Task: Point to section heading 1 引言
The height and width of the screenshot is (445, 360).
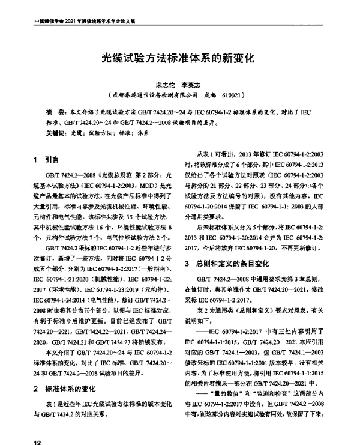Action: click(x=46, y=160)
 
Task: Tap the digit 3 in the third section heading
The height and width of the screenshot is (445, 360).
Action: click(x=188, y=262)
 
